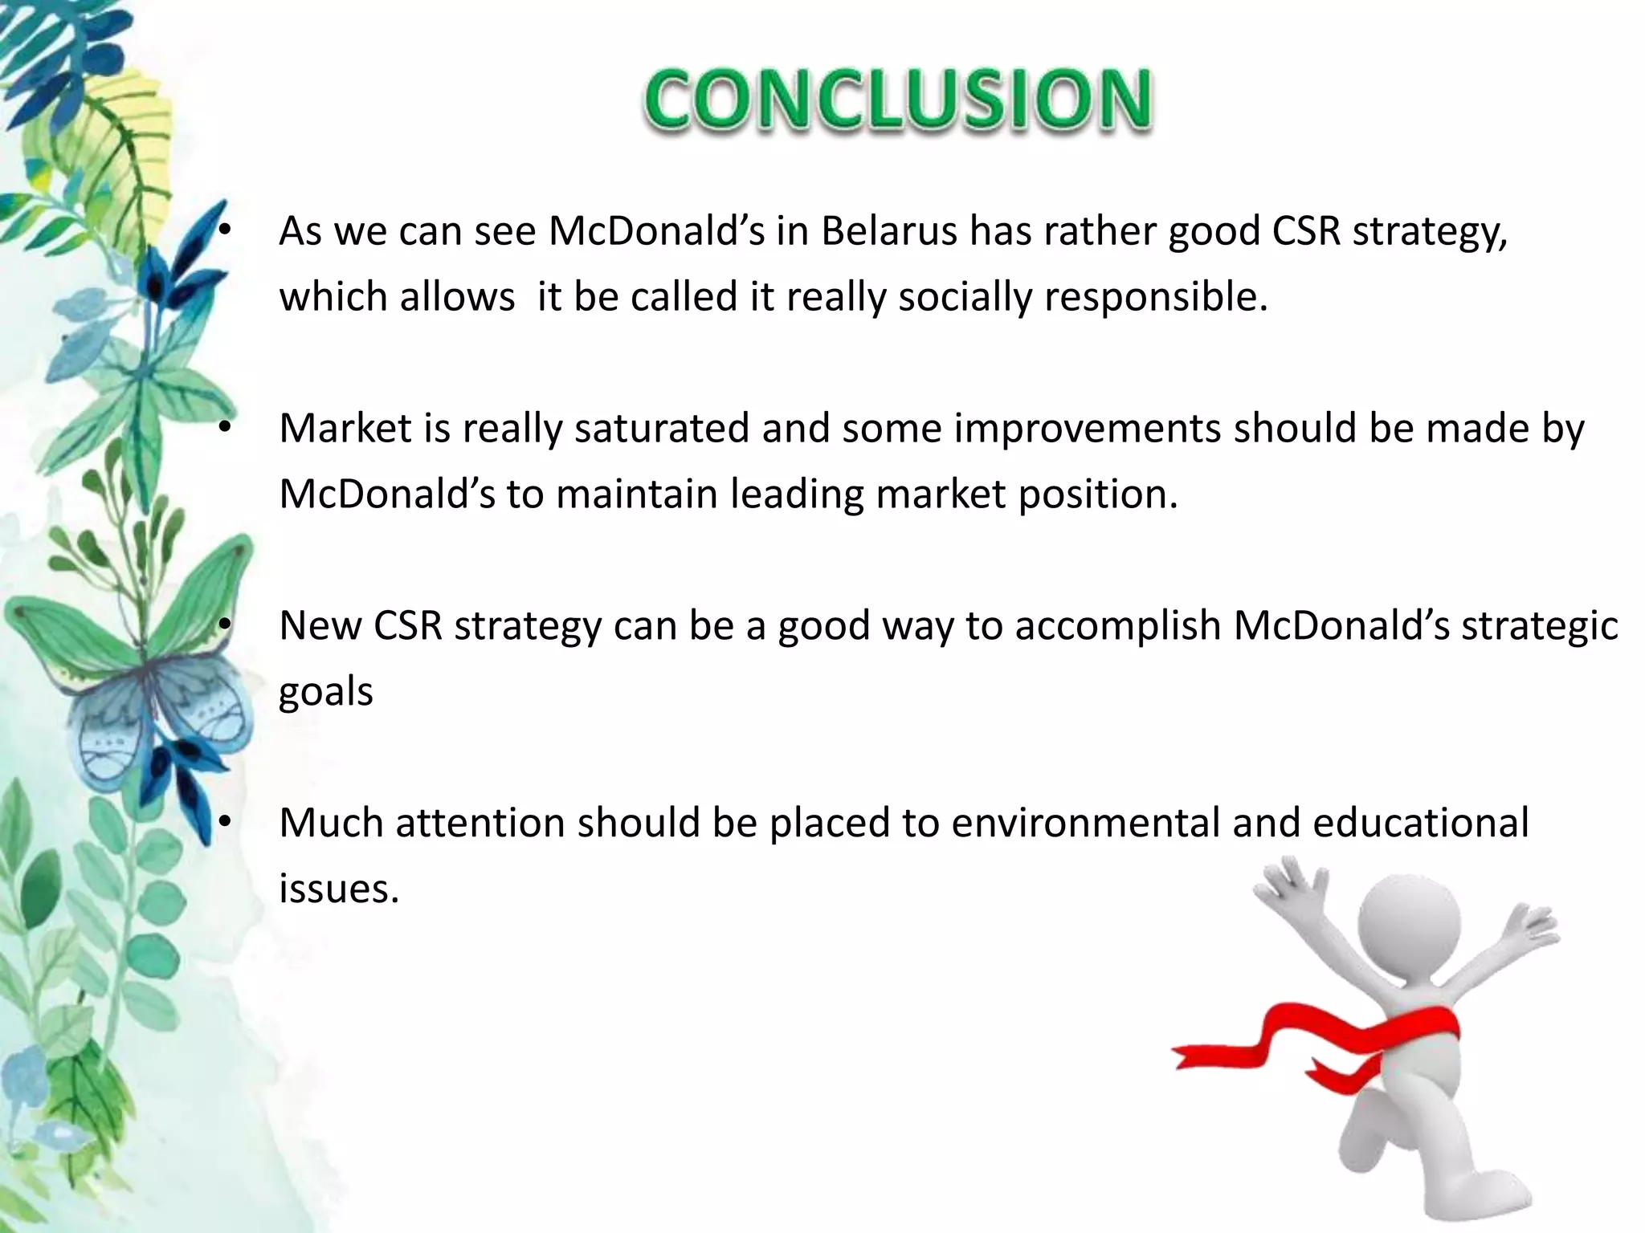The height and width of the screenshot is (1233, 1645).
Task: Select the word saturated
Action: pos(662,428)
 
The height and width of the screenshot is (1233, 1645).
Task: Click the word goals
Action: pos(325,692)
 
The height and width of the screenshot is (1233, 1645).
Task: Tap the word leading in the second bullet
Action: pos(796,494)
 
